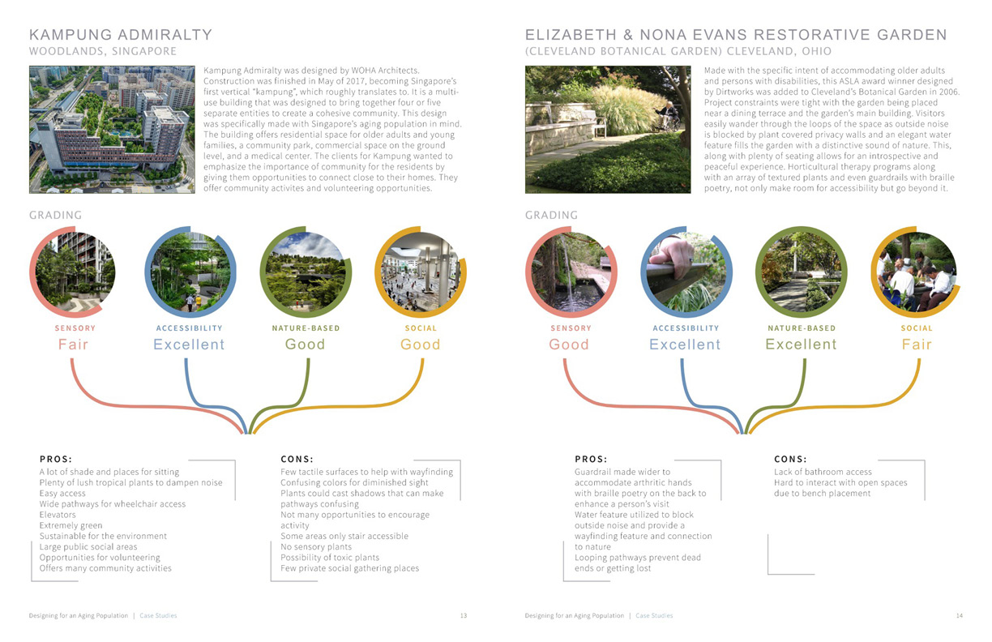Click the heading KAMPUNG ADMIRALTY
tap(121, 35)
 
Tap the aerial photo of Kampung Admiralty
tap(112, 130)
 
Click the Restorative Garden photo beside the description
tap(608, 130)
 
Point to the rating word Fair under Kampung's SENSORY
tap(73, 345)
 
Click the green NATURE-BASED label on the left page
tap(306, 328)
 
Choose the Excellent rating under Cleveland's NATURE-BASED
tap(801, 345)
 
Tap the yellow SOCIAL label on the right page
tap(917, 328)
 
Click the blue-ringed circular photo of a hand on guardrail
tap(686, 272)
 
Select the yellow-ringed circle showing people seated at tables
tap(917, 272)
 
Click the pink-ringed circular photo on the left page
tap(74, 272)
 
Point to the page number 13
tap(464, 616)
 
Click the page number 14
tap(959, 616)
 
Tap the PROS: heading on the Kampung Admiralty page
tap(56, 459)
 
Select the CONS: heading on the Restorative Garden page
tap(791, 459)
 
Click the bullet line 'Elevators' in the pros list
tap(58, 515)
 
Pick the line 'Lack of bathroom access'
tap(823, 472)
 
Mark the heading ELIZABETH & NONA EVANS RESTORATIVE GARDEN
tap(736, 35)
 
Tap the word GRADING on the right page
tap(552, 215)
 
